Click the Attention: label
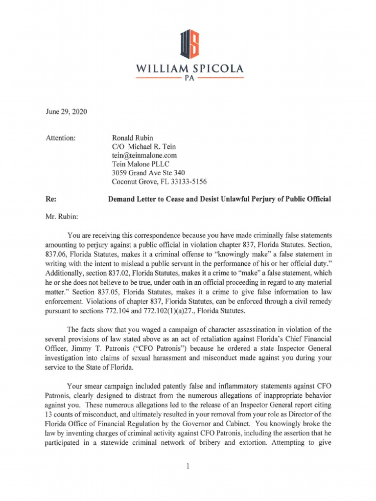(x=60, y=138)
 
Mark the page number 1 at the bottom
(x=188, y=465)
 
